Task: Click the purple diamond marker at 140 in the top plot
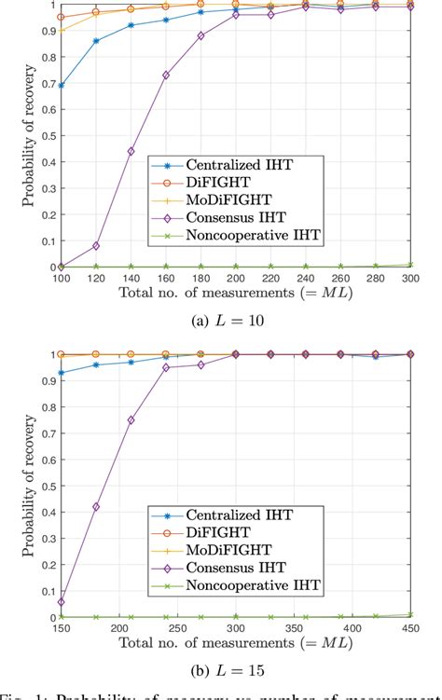(131, 151)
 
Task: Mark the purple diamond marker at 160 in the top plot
(166, 75)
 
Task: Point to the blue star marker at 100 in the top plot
(62, 85)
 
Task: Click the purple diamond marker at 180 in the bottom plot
(96, 507)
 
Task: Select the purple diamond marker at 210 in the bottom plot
(131, 420)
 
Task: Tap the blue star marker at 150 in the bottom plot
(62, 373)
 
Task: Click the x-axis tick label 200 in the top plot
(236, 278)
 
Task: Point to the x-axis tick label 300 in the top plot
(410, 278)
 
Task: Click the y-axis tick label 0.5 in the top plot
(45, 136)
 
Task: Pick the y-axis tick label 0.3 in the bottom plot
(45, 539)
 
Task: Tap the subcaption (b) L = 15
(236, 671)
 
